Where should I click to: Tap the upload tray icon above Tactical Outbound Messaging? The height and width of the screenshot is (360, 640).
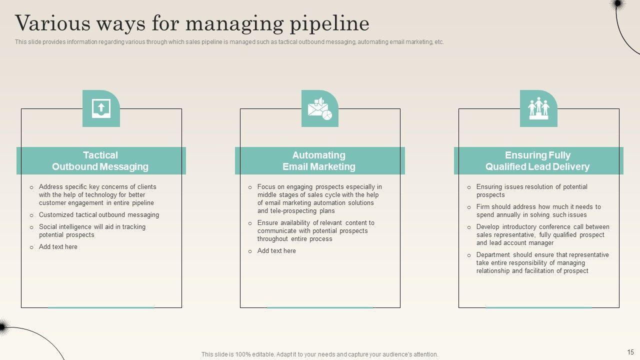[x=101, y=108]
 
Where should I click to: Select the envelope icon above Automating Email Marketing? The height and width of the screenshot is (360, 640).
[x=319, y=108]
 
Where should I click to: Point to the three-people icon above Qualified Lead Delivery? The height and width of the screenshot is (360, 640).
[x=538, y=108]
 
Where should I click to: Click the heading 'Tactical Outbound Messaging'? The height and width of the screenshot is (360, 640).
[x=100, y=161]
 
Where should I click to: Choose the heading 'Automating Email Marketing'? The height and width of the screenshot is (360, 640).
[x=319, y=161]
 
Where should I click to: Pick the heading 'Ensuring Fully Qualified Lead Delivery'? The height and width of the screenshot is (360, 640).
[x=537, y=161]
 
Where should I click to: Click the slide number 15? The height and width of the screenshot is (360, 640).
[x=630, y=352]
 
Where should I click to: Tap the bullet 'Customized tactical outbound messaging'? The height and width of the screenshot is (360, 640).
[x=99, y=215]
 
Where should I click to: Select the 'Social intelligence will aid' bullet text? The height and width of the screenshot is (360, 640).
[x=92, y=231]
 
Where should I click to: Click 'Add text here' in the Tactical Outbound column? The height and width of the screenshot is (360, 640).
[x=58, y=247]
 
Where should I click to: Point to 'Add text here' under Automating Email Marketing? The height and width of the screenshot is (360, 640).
[x=276, y=251]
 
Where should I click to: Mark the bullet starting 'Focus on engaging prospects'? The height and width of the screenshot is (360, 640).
[x=319, y=199]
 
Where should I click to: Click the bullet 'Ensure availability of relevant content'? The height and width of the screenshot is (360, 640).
[x=315, y=231]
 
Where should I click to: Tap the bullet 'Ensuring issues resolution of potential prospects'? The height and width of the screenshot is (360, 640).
[x=531, y=191]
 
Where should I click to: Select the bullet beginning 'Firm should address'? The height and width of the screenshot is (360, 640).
[x=538, y=211]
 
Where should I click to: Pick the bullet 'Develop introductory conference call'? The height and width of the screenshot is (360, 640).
[x=542, y=235]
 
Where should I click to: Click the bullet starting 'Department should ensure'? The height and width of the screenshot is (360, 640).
[x=542, y=263]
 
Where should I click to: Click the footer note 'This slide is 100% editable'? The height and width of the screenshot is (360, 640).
[x=320, y=354]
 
